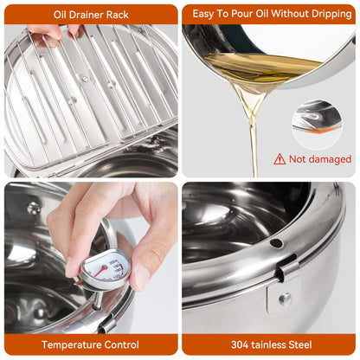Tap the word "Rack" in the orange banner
(x=118, y=15)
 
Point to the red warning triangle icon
(x=280, y=159)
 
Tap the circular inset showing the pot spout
(x=318, y=125)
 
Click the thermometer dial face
(x=105, y=268)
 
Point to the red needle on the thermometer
(x=100, y=271)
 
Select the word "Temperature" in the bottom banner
(x=71, y=344)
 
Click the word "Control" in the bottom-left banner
(x=121, y=344)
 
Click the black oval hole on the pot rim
(x=276, y=243)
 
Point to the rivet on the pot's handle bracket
(x=286, y=299)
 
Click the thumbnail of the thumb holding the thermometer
(x=142, y=278)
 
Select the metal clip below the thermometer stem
(x=106, y=325)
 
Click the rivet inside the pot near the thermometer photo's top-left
(x=34, y=208)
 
